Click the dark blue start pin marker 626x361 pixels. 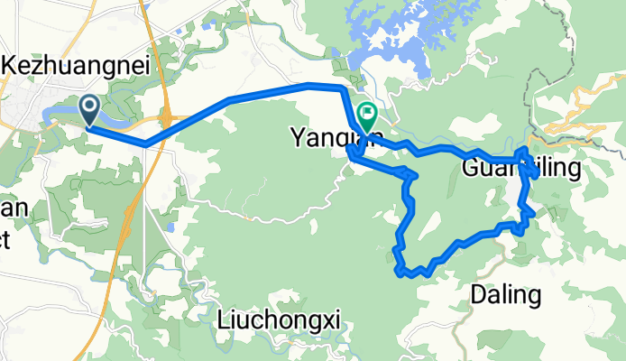pyautogui.click(x=91, y=110)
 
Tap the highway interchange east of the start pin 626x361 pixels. pyautogui.click(x=167, y=116)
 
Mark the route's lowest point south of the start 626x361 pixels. pyautogui.click(x=146, y=143)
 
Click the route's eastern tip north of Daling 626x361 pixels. pyautogui.click(x=534, y=213)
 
